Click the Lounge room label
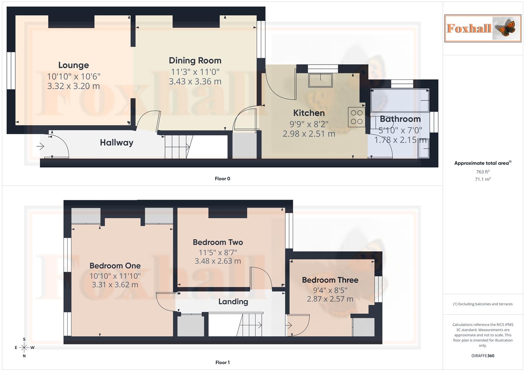click(x=74, y=65)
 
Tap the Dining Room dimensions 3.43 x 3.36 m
click(x=195, y=81)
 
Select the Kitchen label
click(x=309, y=113)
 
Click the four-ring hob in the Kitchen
click(x=357, y=117)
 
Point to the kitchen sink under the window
click(x=320, y=80)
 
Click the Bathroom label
click(x=400, y=119)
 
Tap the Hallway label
click(x=117, y=143)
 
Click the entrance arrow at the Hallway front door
click(x=41, y=147)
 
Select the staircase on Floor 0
click(x=177, y=147)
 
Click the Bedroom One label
click(x=115, y=266)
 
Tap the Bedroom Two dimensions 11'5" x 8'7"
click(x=218, y=252)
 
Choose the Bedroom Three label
click(x=330, y=280)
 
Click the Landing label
click(x=233, y=302)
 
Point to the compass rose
click(x=24, y=348)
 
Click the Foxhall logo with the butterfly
click(x=483, y=29)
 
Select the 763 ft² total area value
click(x=483, y=172)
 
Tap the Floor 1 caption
click(x=222, y=362)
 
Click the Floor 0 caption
click(x=222, y=179)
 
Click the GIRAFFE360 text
click(x=483, y=356)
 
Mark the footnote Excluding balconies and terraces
click(x=483, y=304)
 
